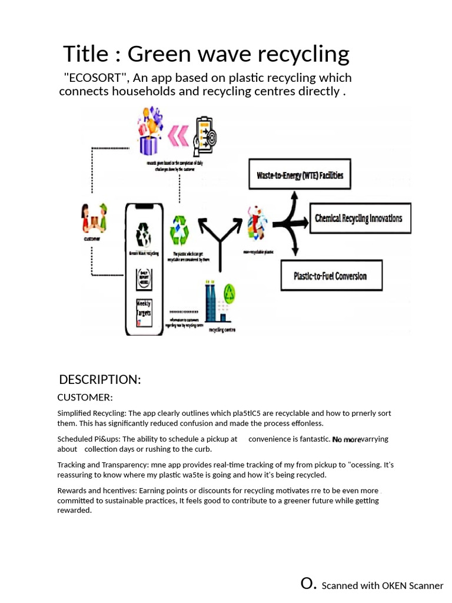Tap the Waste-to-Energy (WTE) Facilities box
click(300, 175)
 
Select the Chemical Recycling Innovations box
click(358, 218)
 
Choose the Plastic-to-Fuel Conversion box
click(330, 276)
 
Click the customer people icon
click(94, 218)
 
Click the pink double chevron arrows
click(178, 134)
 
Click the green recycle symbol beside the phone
click(179, 230)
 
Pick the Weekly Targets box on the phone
click(144, 312)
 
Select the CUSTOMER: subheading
click(85, 397)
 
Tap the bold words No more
click(347, 439)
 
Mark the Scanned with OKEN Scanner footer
click(382, 585)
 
